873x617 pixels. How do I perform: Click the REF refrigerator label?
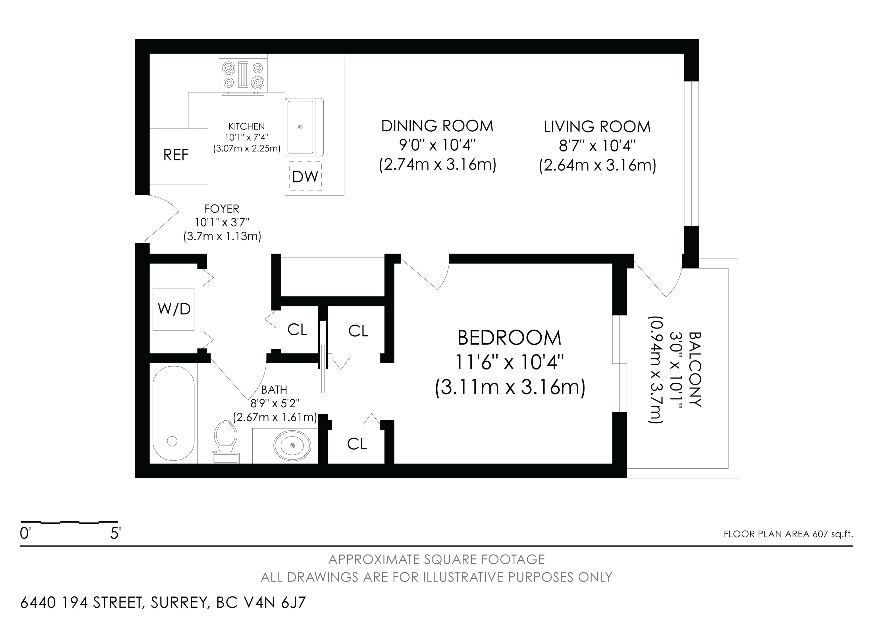click(176, 155)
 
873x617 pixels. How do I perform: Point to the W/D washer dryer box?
click(174, 309)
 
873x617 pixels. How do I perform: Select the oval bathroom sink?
click(292, 445)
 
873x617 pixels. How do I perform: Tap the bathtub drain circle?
click(172, 441)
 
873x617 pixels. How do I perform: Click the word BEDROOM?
click(510, 338)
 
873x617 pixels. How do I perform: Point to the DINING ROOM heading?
click(437, 126)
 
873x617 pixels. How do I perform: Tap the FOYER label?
click(222, 209)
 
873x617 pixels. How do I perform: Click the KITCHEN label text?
click(246, 126)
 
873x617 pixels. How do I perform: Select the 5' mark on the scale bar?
click(115, 534)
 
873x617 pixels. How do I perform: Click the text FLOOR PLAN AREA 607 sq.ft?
click(788, 534)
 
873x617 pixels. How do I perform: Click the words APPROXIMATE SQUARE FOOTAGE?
click(436, 560)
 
